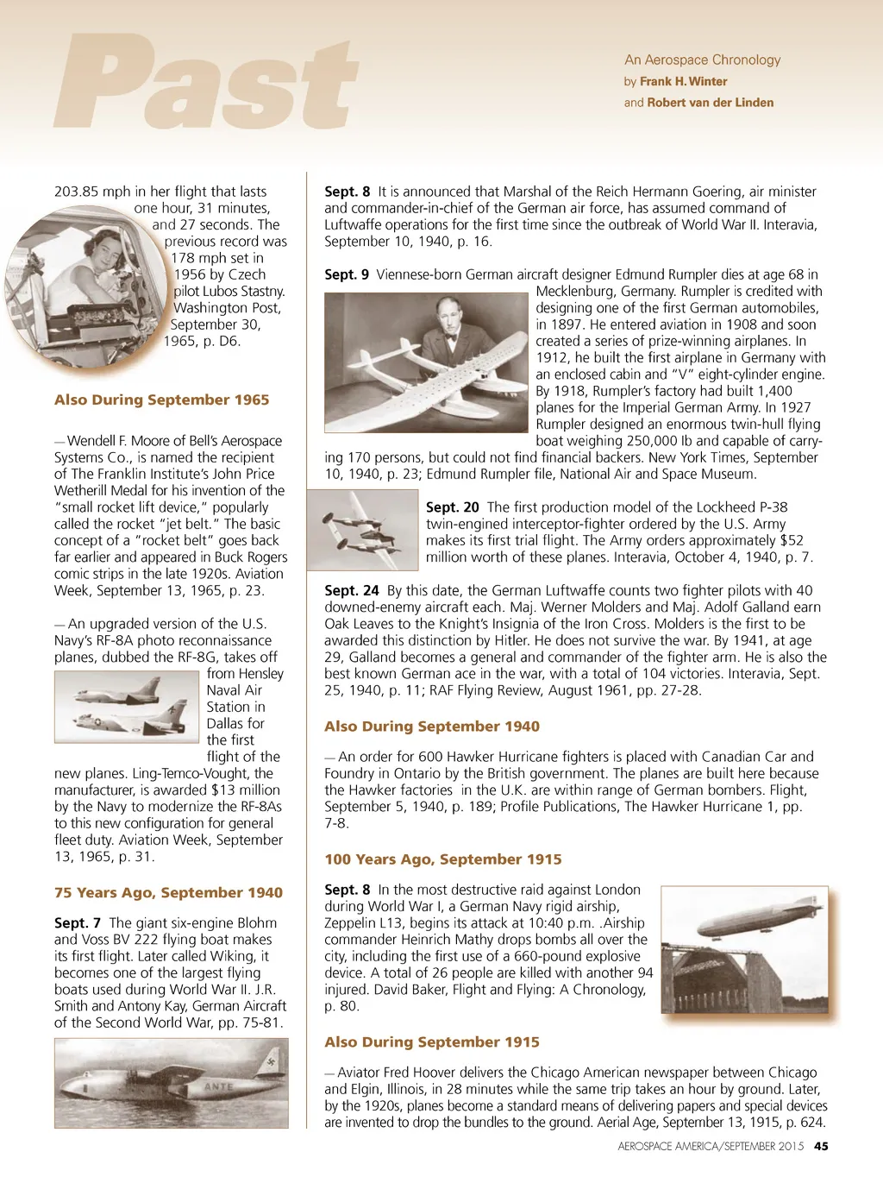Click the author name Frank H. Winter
click(x=683, y=81)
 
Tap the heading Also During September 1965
click(x=161, y=400)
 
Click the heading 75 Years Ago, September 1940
click(x=168, y=892)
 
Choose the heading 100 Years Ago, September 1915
click(x=442, y=859)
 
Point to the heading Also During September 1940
click(x=431, y=726)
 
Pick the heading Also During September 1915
click(x=431, y=1041)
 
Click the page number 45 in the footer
click(x=821, y=1146)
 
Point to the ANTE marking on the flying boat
click(x=218, y=1087)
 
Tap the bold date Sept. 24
click(x=351, y=590)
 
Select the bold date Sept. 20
click(x=452, y=507)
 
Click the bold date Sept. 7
click(x=77, y=922)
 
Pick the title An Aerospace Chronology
click(x=702, y=60)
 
